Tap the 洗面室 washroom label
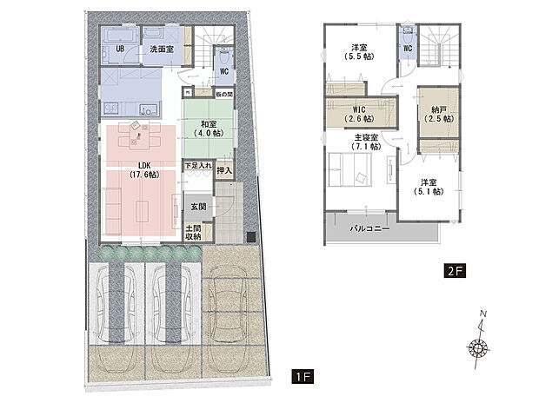click(160, 50)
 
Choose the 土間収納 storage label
click(193, 232)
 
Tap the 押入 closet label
click(223, 170)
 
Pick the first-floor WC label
click(223, 73)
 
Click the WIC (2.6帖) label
click(354, 114)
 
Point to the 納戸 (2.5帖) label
click(437, 116)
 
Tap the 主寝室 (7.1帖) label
click(366, 142)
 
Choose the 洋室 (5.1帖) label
click(429, 187)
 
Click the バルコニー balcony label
click(369, 229)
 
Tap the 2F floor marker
click(456, 270)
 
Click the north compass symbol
click(477, 346)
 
